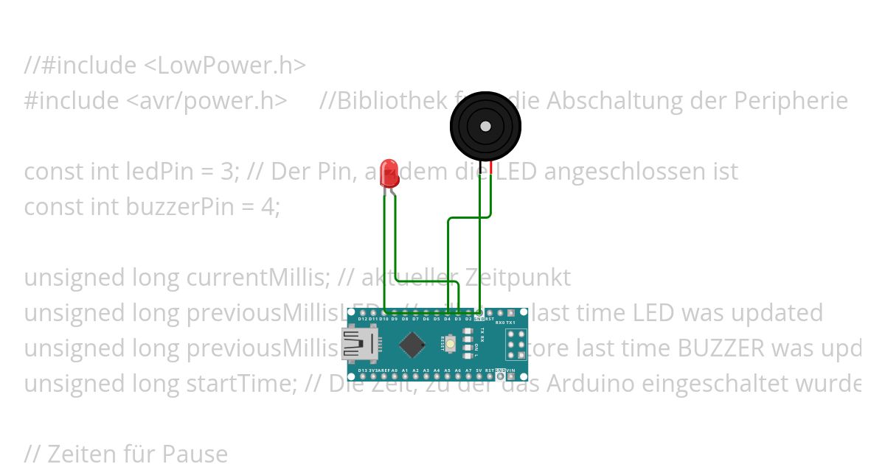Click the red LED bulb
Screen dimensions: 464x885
coord(388,172)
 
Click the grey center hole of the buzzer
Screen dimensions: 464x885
coord(485,127)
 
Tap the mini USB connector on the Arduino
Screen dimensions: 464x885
coord(358,344)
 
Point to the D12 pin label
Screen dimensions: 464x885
coord(363,319)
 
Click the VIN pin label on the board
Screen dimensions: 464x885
coord(512,370)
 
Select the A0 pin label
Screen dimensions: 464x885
coord(395,370)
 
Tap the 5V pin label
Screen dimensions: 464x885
coord(479,370)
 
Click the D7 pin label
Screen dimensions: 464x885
coord(415,319)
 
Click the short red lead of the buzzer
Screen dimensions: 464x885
coord(490,168)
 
